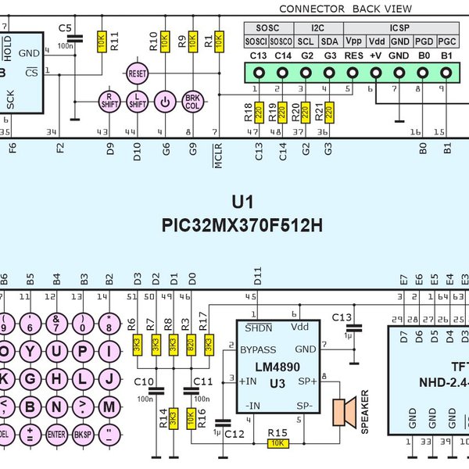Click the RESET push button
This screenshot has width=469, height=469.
[137, 73]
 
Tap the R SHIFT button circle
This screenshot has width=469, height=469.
[109, 101]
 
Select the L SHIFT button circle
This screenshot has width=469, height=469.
[138, 101]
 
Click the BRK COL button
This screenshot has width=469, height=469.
[192, 101]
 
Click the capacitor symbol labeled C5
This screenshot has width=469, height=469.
[75, 39]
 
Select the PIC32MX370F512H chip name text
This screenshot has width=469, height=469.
[242, 226]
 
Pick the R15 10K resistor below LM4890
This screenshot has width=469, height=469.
[277, 443]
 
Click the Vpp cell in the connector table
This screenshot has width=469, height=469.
[353, 41]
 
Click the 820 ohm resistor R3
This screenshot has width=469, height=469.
[191, 344]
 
